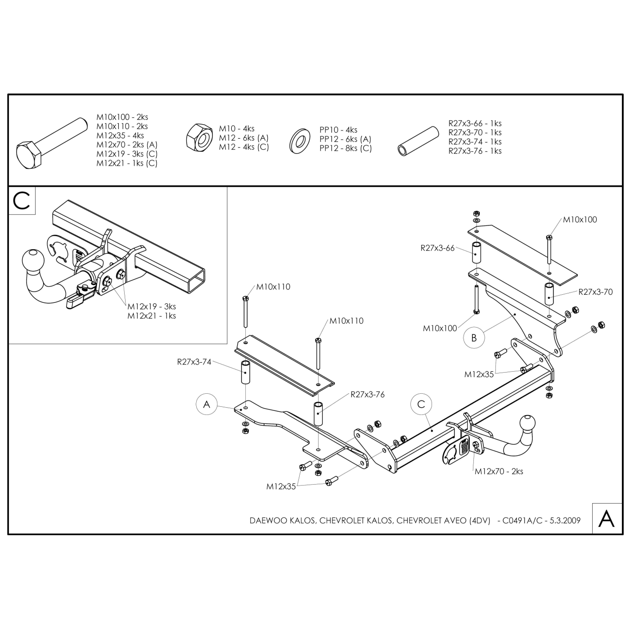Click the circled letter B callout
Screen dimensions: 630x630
point(474,337)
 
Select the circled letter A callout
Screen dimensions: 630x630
point(207,405)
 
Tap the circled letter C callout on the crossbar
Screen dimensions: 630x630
point(421,405)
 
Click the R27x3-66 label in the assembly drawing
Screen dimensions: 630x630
point(437,248)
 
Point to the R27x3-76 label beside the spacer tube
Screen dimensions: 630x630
point(368,395)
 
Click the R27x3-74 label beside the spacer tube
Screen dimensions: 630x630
point(194,362)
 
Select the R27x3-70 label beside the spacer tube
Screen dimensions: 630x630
point(595,292)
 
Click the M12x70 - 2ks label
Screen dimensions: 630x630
point(499,471)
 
